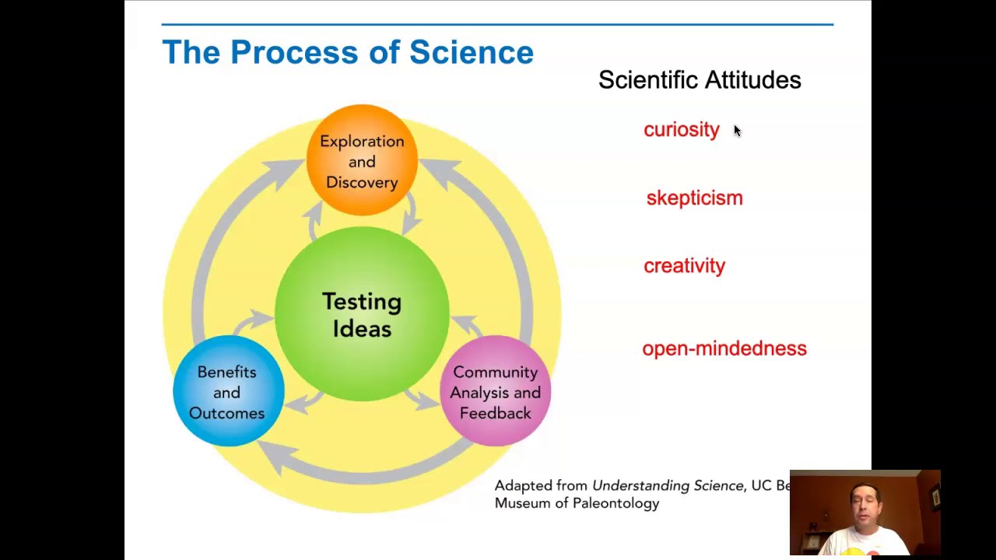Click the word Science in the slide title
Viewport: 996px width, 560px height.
(x=471, y=53)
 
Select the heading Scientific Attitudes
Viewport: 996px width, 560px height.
(x=699, y=80)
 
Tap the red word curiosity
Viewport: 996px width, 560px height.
(x=681, y=130)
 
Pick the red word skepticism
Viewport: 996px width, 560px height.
(x=694, y=198)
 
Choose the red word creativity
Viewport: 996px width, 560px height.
(x=684, y=266)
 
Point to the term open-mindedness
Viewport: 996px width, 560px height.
(x=724, y=348)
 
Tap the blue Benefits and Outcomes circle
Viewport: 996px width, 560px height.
(x=227, y=392)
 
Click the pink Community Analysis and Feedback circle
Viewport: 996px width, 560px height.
(x=496, y=392)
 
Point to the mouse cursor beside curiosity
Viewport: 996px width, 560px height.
(x=737, y=131)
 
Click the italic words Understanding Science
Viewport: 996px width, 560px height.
(x=667, y=485)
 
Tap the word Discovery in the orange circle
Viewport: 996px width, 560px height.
(x=362, y=182)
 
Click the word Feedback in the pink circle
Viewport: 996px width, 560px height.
(x=496, y=413)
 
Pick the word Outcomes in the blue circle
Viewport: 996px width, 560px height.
(x=227, y=413)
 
